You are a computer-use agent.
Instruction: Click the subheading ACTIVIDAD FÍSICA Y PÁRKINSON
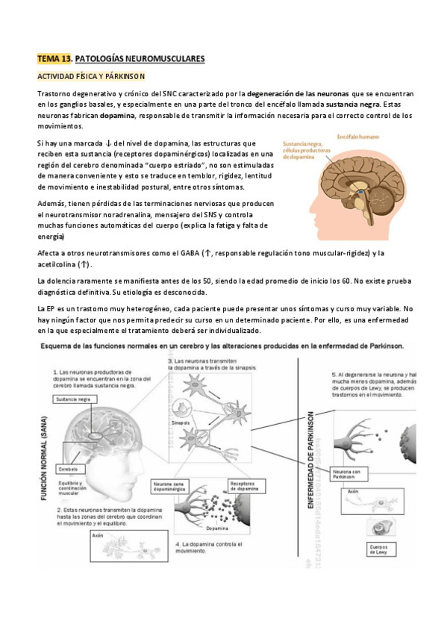[90, 76]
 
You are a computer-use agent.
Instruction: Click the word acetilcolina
[59, 264]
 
